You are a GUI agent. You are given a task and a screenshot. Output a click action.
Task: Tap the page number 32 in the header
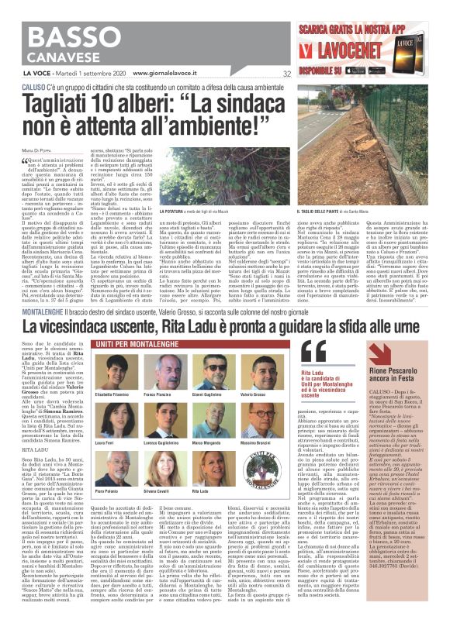coord(287,75)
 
